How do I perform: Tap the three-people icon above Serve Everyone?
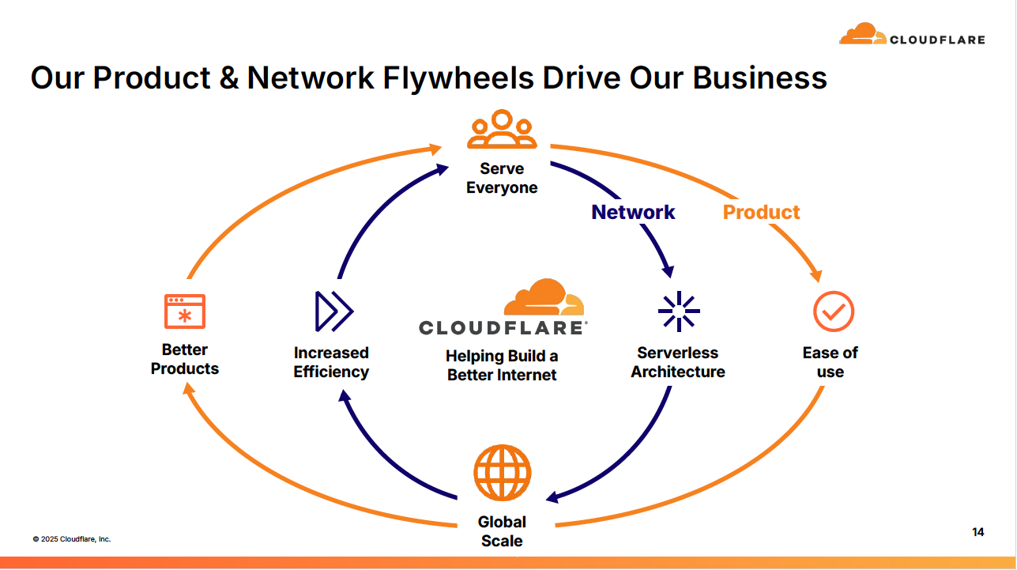502,130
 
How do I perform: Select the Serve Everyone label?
502,178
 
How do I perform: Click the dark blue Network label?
633,212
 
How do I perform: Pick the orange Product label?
761,212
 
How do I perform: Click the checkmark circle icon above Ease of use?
833,311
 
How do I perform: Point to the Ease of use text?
830,362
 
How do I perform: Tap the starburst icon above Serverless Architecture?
678,311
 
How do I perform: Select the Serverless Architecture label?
677,362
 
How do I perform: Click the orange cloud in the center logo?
544,298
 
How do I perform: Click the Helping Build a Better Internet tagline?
502,365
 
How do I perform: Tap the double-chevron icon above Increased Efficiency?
333,311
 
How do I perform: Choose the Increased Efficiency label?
331,362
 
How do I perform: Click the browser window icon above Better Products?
185,311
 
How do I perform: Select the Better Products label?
185,359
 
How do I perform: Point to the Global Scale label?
502,531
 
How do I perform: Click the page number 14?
978,532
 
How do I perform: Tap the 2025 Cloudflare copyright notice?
72,539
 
